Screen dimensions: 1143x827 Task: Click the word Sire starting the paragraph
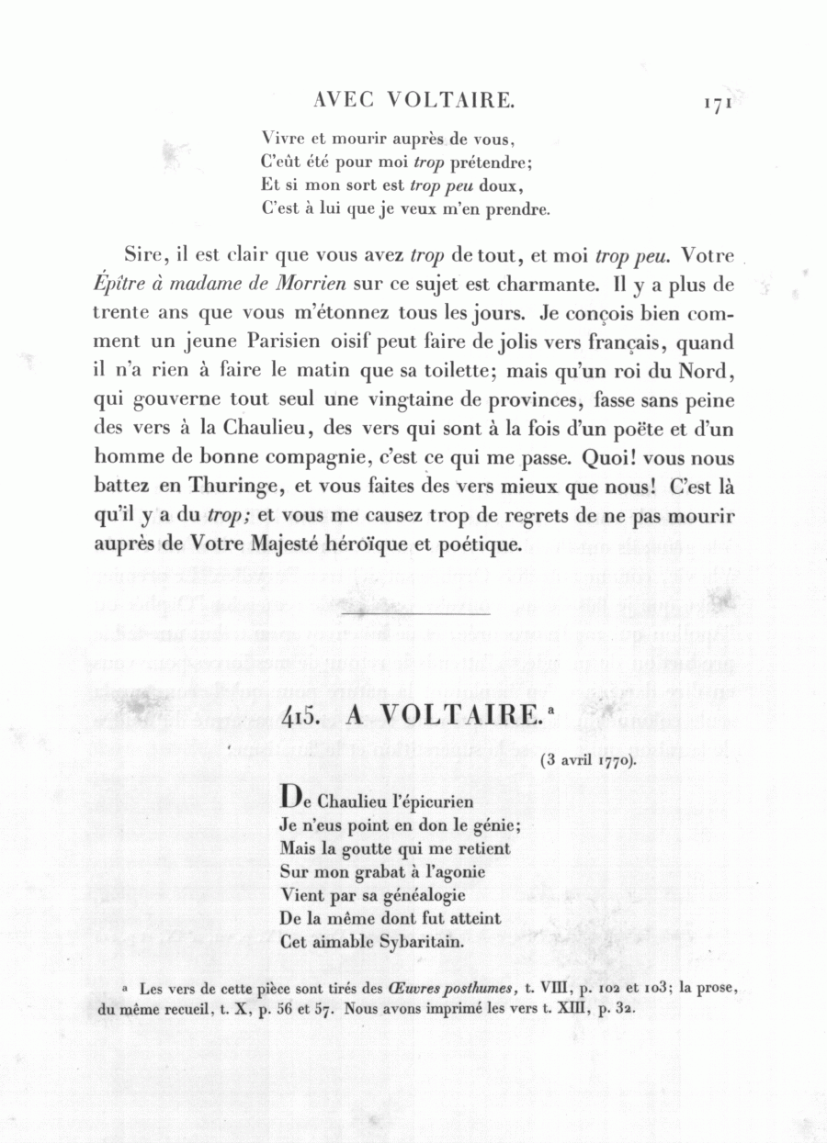pos(143,255)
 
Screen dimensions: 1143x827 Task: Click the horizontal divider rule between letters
pos(415,611)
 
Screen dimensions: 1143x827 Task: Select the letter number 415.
pos(300,716)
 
